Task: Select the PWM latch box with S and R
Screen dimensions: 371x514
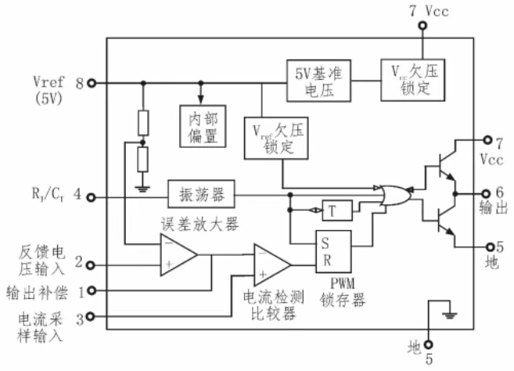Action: coord(332,250)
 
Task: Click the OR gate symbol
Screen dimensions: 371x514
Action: coord(390,193)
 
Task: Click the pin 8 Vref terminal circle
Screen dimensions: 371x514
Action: coord(92,82)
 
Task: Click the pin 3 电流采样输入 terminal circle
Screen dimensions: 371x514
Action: coord(92,316)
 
